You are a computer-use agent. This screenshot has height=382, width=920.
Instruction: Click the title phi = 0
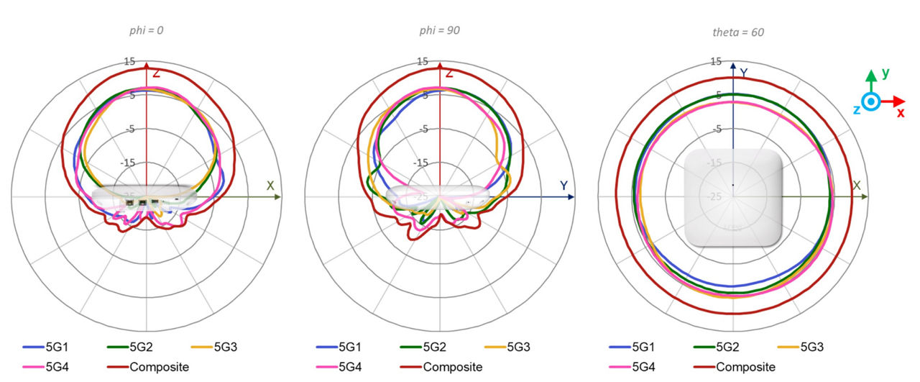tap(147, 31)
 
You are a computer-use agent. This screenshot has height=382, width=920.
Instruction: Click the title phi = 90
tap(440, 31)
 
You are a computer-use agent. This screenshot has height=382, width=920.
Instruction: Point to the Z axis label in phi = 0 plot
tap(155, 72)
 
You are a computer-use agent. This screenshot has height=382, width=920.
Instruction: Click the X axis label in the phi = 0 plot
tap(270, 186)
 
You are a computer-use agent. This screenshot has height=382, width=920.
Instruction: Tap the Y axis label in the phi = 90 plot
tap(564, 186)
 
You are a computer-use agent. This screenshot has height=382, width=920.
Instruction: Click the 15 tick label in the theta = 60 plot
tap(716, 63)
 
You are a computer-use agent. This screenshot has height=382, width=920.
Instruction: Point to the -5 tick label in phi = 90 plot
tap(423, 129)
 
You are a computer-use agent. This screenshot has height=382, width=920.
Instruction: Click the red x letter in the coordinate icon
tap(901, 113)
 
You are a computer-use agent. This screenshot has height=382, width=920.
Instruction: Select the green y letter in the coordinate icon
tap(886, 73)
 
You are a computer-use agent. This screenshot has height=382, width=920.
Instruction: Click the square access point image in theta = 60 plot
tap(732, 198)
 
